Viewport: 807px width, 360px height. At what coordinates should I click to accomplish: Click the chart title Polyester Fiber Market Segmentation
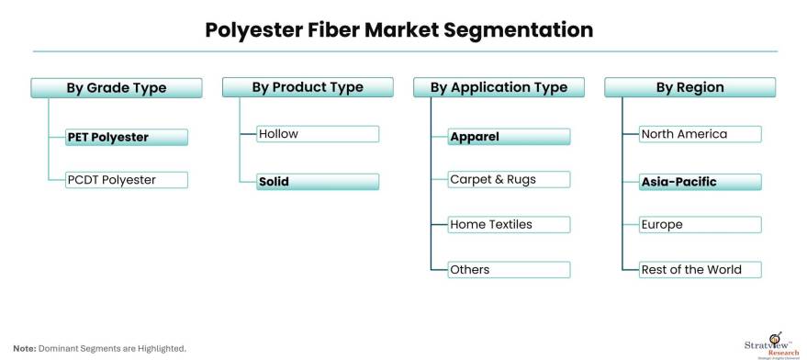point(398,30)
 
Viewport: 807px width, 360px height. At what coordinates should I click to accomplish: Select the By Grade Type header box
point(117,87)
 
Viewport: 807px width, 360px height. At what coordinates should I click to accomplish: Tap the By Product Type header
point(308,87)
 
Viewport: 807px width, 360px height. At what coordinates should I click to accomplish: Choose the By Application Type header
point(499,87)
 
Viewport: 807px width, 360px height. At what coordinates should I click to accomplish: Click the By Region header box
point(689,87)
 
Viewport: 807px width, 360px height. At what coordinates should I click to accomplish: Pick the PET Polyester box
point(127,137)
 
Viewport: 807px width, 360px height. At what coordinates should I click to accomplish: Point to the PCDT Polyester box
point(127,180)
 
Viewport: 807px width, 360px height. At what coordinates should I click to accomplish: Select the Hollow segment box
point(318,134)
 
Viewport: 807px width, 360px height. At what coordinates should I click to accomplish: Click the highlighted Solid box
point(318,181)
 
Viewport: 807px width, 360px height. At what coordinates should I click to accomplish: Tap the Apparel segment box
point(509,137)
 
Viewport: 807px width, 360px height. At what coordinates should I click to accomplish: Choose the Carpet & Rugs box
point(509,179)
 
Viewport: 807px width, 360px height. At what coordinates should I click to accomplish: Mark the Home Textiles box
point(509,225)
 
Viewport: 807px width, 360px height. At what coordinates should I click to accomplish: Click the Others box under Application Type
point(509,269)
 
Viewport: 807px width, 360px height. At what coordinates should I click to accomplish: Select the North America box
point(700,134)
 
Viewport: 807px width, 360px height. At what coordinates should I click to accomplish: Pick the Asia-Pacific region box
point(700,182)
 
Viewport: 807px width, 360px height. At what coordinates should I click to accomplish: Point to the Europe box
point(700,225)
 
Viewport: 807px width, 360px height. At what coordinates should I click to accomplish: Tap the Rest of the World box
point(700,269)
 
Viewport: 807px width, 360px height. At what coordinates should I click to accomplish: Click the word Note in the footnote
point(24,349)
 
